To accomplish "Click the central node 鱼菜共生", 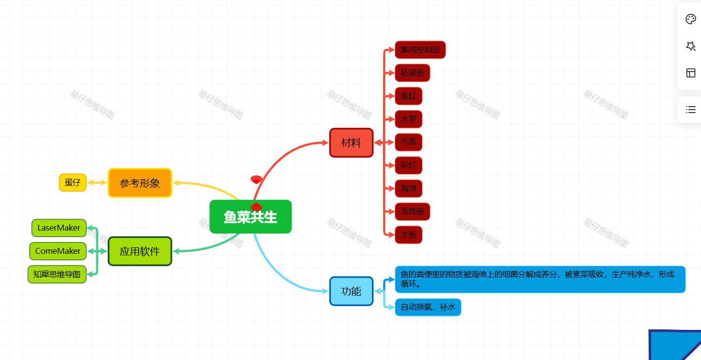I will [x=250, y=217].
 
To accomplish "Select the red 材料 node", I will [x=351, y=143].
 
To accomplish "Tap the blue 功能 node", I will [x=351, y=291].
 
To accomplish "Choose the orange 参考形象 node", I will [x=140, y=183].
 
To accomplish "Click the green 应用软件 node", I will [x=140, y=251].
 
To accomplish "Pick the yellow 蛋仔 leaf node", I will [x=73, y=182].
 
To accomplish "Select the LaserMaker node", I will [x=59, y=228].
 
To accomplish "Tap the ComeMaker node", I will [x=58, y=251].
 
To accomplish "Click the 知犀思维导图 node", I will [x=57, y=274].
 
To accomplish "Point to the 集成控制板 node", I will [x=420, y=49].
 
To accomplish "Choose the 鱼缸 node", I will [x=409, y=96].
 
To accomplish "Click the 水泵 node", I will [x=409, y=119].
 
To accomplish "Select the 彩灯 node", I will [x=409, y=165].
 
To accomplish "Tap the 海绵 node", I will [x=409, y=188].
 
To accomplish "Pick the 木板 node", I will [x=409, y=235].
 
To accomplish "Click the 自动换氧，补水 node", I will [x=428, y=307].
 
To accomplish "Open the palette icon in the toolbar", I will [x=691, y=19].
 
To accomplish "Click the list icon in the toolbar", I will [x=691, y=110].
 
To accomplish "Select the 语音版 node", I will [x=412, y=211].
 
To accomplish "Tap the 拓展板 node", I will [x=412, y=73].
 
